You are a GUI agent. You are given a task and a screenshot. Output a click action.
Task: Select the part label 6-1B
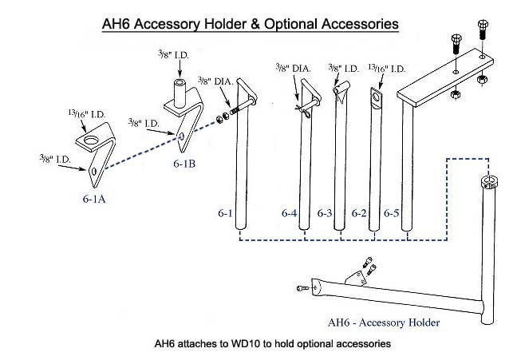(186, 163)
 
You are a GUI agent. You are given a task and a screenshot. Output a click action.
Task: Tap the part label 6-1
(224, 213)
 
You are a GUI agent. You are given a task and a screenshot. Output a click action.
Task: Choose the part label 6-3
(324, 213)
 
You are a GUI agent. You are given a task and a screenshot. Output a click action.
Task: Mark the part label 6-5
(391, 213)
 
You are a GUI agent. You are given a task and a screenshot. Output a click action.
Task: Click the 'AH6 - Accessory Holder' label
(383, 322)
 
